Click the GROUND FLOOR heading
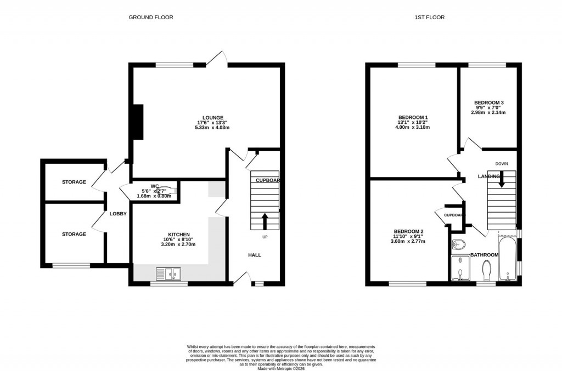(x=151, y=18)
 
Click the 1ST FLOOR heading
(x=429, y=18)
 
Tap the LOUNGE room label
(x=212, y=117)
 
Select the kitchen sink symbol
(x=168, y=273)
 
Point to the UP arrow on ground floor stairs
(x=265, y=221)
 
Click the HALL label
(x=255, y=255)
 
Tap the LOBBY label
(x=119, y=214)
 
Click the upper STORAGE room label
(x=74, y=182)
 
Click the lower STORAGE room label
(x=74, y=234)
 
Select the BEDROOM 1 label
(x=413, y=117)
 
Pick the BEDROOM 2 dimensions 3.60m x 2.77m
(x=406, y=241)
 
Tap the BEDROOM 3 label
(x=488, y=102)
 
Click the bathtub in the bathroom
(x=508, y=259)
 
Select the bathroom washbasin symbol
(x=459, y=244)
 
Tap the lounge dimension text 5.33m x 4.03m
(x=212, y=128)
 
